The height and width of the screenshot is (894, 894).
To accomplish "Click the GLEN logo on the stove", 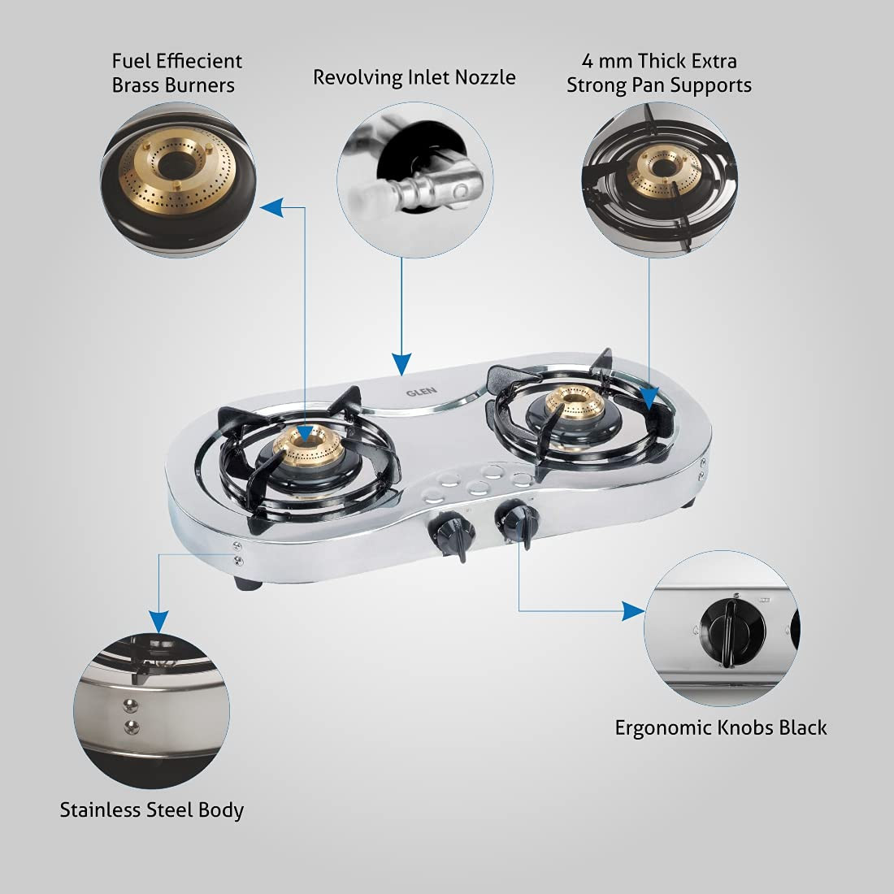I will (x=421, y=391).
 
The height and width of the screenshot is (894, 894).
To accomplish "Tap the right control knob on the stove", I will (x=515, y=521).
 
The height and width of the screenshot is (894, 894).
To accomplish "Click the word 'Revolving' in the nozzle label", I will (x=356, y=77).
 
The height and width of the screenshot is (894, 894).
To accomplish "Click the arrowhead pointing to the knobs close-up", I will (x=633, y=610).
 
